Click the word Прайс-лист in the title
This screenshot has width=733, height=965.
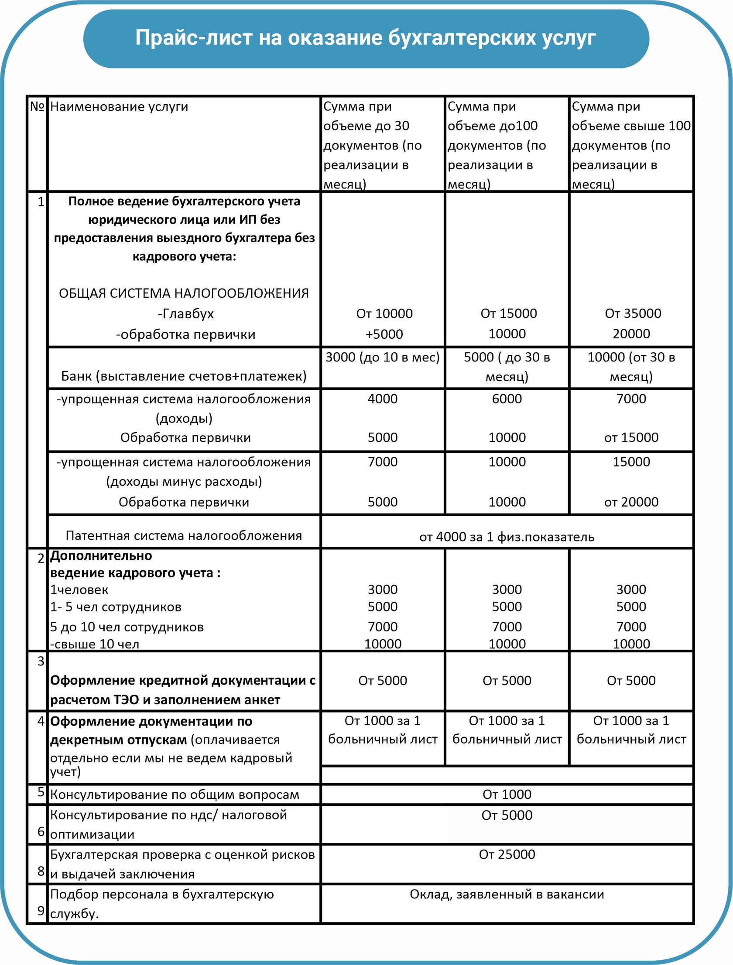coord(192,38)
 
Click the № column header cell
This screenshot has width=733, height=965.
coord(37,106)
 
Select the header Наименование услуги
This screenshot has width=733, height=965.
coord(119,106)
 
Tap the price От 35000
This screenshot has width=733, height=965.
coord(633,313)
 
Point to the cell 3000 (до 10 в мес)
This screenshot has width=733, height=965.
coord(383,357)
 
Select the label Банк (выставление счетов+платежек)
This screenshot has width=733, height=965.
coord(183,376)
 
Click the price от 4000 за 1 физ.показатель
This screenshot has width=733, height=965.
coord(507,537)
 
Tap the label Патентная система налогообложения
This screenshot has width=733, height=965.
coord(183,536)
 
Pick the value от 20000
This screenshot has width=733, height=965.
coord(631,502)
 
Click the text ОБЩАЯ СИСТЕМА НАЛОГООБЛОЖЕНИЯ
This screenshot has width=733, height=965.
coord(183,293)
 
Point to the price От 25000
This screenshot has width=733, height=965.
coord(507,854)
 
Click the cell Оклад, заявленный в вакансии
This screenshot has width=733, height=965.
coord(507,894)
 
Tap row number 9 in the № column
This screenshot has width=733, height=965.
coord(41,911)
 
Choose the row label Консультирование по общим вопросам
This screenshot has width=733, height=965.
coord(175,795)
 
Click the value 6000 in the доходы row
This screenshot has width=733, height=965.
coord(507,399)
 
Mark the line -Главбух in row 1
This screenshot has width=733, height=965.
coord(185,314)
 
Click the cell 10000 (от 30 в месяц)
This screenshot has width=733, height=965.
coord(631,366)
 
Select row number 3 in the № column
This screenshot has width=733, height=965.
coord(41,662)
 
